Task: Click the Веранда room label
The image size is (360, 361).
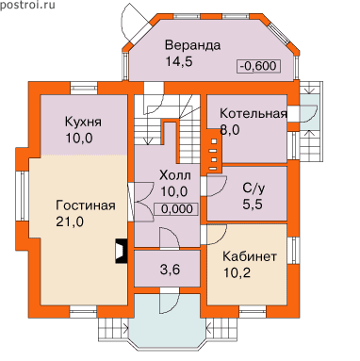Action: click(192, 45)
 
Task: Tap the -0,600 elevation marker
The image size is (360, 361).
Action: click(258, 66)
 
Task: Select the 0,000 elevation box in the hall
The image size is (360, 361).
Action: click(176, 209)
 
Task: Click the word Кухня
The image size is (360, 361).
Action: click(83, 122)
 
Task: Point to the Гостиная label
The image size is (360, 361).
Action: click(86, 205)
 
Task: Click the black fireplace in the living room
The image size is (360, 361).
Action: click(122, 251)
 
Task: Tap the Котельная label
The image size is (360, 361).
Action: click(254, 113)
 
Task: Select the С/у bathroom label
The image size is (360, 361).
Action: click(254, 189)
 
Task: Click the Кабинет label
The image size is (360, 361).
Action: click(250, 256)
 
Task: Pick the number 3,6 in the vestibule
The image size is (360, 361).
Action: click(171, 270)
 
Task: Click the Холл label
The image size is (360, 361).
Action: click(175, 175)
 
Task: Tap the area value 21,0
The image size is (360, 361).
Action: click(70, 222)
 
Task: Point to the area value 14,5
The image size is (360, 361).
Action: click(179, 61)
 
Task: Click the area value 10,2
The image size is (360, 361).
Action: click(237, 272)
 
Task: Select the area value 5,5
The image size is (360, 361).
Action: click(253, 205)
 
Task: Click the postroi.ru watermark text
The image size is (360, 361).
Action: click(27, 5)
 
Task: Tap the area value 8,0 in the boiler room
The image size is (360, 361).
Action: click(230, 129)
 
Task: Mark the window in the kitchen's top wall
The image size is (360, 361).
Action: click(83, 88)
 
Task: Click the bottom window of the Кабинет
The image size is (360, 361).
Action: click(253, 312)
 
